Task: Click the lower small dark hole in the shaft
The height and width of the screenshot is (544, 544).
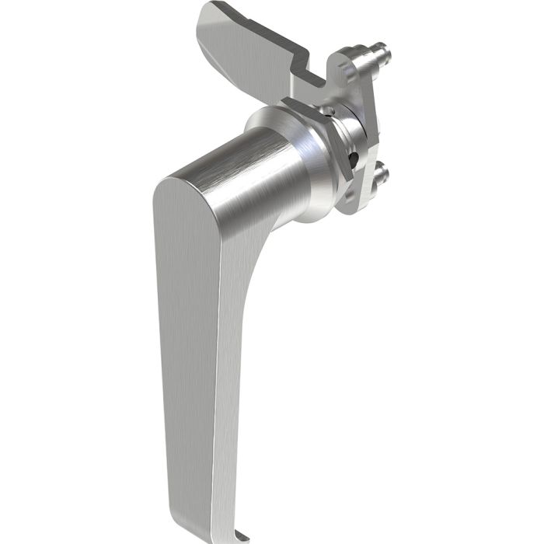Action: point(354,159)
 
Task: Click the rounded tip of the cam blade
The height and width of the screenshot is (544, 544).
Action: point(208,19)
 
